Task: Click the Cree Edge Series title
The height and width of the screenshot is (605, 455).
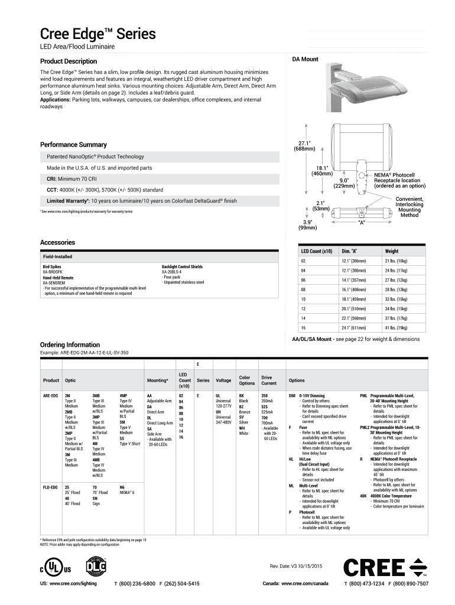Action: point(97,34)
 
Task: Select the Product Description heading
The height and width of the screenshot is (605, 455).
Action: point(68,61)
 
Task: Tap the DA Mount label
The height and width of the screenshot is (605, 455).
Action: point(305,59)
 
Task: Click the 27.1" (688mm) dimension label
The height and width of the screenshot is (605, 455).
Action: point(305,145)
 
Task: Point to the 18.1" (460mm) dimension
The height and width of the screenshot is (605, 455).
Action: point(323,171)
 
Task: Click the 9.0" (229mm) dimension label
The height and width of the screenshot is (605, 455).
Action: point(343,183)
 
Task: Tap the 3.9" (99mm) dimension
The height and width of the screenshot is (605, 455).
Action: point(307,225)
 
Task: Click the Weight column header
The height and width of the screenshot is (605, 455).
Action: point(392,251)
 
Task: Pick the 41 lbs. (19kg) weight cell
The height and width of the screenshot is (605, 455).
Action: point(396,327)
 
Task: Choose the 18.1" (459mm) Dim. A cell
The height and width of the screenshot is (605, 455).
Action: point(353,299)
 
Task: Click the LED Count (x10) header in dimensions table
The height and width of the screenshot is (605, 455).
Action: point(317,251)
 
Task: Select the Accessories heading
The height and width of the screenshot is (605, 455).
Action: point(57,242)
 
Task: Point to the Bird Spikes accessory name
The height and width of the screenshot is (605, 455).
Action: point(50,267)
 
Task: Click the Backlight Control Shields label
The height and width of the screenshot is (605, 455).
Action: point(182,267)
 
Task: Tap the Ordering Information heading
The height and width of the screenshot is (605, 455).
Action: point(70,344)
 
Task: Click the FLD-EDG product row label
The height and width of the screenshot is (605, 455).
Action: point(51,487)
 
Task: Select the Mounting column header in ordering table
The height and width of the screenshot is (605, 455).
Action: point(157,380)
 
